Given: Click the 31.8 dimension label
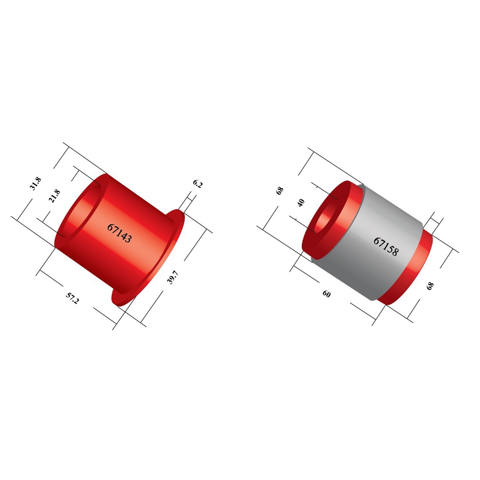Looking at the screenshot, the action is [x=36, y=184].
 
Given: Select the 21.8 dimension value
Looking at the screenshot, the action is [x=55, y=196].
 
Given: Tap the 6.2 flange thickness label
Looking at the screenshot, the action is [x=198, y=184].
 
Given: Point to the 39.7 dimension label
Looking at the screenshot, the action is [x=172, y=277].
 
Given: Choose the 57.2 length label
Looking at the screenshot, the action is [x=72, y=298].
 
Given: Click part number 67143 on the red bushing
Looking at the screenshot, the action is [x=120, y=233].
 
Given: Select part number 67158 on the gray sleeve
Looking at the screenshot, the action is [x=386, y=246].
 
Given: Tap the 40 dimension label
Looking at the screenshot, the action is [x=301, y=203].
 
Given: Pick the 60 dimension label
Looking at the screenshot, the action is [x=326, y=294].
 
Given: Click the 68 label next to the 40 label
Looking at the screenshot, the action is [x=280, y=191].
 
